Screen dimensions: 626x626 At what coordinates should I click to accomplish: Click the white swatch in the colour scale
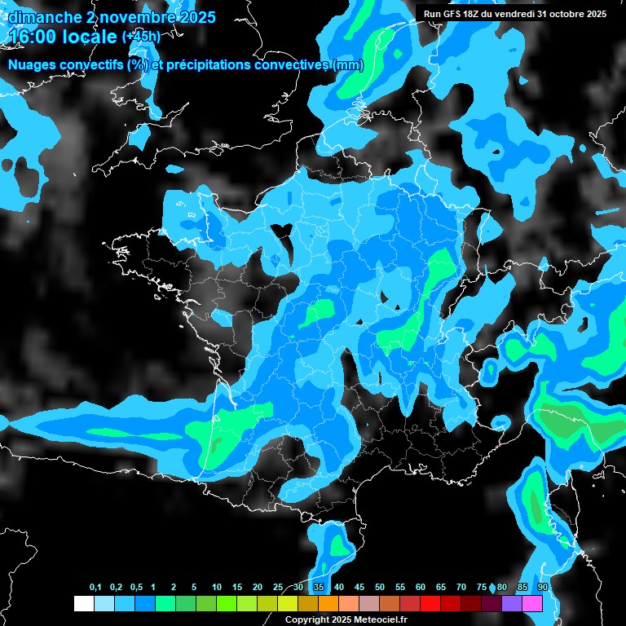coord(83,603)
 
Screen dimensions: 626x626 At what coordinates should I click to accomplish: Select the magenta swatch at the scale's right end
coord(532,603)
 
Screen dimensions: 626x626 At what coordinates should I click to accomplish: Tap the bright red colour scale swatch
coord(430,603)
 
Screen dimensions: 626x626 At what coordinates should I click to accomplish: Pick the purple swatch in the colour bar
coord(512,603)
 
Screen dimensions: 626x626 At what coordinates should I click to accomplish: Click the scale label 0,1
coord(95,588)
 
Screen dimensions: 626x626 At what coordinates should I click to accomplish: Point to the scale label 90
coord(542,588)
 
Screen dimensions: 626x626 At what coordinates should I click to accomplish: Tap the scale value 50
coord(380,588)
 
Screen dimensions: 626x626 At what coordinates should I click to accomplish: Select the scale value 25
coord(278,588)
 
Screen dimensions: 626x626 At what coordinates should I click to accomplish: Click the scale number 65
coord(441,588)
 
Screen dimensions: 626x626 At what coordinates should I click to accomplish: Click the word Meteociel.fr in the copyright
coord(371,619)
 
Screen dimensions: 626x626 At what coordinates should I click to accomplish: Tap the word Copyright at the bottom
coord(306,619)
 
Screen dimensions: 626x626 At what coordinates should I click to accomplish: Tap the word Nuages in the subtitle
coord(31,65)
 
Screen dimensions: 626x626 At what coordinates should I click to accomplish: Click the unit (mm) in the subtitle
coord(348,65)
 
